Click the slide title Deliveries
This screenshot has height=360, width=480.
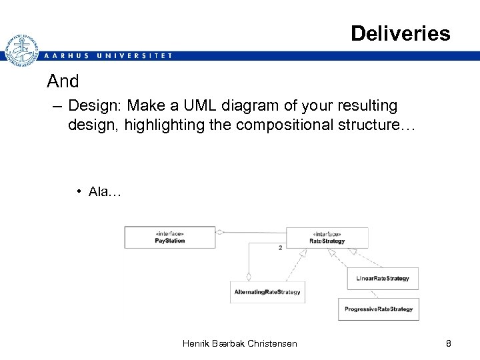point(400,33)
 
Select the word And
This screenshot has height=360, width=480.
point(63,82)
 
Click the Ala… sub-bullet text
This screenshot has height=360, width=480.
point(104,192)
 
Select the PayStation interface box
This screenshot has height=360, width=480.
point(169,237)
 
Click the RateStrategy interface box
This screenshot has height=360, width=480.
point(327,237)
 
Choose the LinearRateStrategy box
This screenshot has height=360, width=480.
point(383,279)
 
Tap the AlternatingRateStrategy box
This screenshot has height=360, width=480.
point(267,292)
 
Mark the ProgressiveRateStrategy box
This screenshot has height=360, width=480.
point(379,309)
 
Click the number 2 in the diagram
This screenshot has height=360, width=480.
point(280,247)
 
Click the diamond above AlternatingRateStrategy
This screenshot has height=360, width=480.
point(248,276)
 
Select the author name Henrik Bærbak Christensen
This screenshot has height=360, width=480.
point(239,343)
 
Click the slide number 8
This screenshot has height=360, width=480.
point(449,343)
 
